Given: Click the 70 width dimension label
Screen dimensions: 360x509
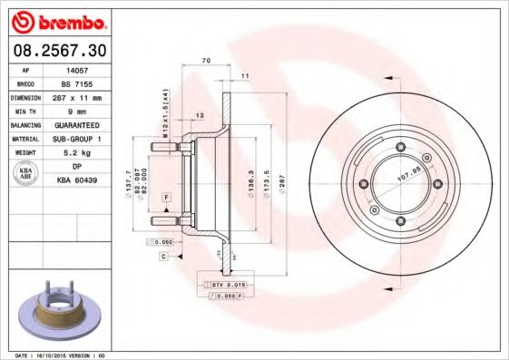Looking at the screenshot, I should (x=206, y=60).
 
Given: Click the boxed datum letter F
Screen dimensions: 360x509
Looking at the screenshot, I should (x=167, y=198).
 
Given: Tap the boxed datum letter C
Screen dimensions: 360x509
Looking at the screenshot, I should (x=164, y=257).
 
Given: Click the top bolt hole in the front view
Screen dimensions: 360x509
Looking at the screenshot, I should (x=398, y=150).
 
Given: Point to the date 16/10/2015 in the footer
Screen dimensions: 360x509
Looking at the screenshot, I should (x=59, y=356).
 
